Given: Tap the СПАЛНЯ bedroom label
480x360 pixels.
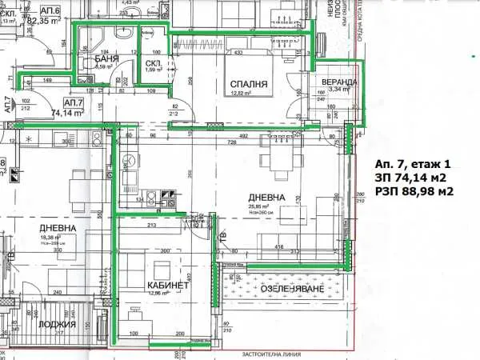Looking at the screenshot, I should tap(247, 83).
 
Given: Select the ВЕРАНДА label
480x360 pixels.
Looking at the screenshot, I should tap(339, 82).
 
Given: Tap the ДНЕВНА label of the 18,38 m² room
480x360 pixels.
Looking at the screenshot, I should tap(58, 228).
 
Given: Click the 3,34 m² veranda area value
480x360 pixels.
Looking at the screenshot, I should tap(340, 90).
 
